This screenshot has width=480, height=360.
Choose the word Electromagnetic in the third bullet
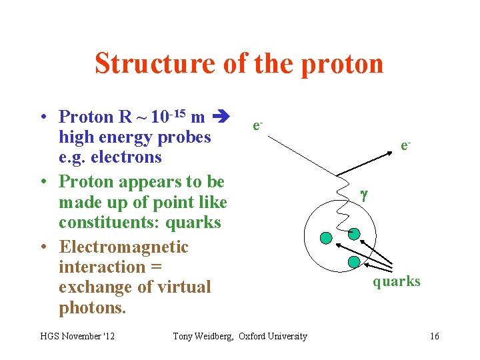click(x=123, y=247)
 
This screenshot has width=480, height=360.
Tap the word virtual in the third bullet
click(x=179, y=287)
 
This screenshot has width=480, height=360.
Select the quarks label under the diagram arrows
click(x=397, y=281)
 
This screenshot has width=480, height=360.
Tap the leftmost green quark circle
click(x=326, y=237)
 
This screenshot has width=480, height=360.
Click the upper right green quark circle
click(x=354, y=233)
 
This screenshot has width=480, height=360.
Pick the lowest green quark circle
click(x=354, y=262)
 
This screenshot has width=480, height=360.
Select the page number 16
click(x=434, y=336)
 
